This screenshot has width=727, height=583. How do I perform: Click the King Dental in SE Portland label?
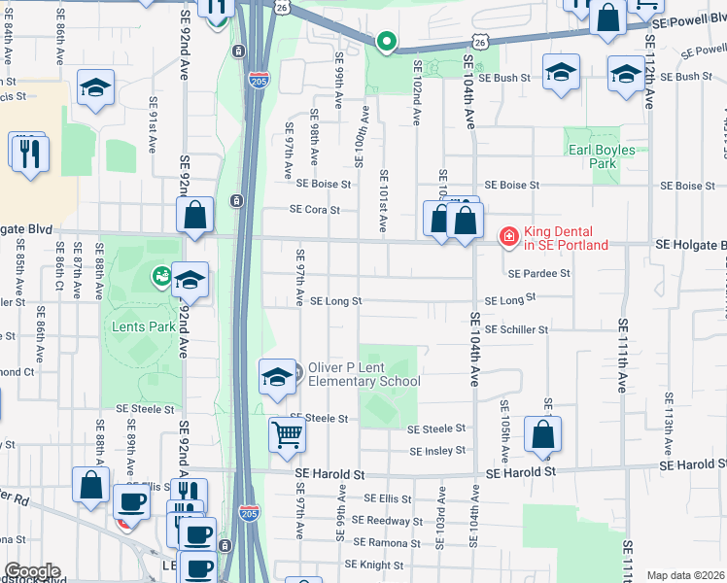[x=567, y=238]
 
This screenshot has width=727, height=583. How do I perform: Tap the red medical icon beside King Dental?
[x=507, y=234]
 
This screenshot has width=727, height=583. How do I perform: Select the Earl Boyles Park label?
[x=602, y=156]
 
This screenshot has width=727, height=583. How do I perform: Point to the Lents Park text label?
[x=143, y=326]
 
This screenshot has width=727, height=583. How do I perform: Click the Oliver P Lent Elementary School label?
[x=364, y=375]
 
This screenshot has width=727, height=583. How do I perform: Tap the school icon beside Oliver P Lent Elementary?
[x=277, y=377]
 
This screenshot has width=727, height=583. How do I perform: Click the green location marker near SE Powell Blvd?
[x=386, y=41]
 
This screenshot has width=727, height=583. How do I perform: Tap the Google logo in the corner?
[x=31, y=571]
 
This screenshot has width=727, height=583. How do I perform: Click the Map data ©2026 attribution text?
[x=684, y=575]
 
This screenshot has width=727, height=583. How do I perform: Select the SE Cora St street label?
[x=315, y=209]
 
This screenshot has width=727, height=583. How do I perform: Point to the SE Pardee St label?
[x=537, y=274]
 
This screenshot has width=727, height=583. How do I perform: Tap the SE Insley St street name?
[x=437, y=451]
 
